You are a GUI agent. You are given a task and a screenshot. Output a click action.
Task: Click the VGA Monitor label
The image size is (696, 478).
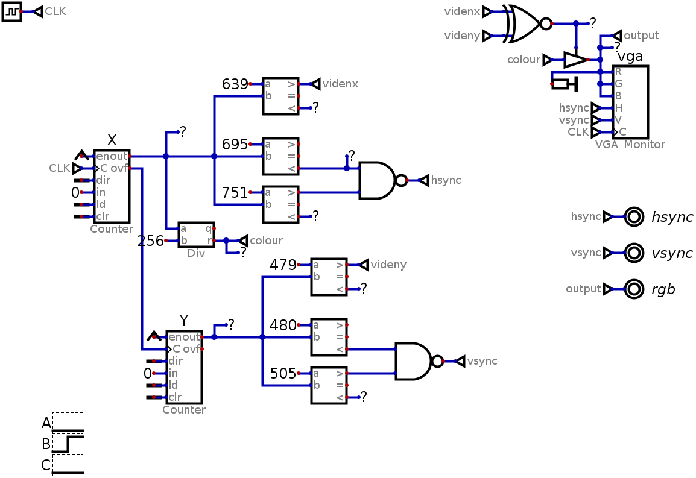630,145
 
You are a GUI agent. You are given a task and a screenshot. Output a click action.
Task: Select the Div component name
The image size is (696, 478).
196,253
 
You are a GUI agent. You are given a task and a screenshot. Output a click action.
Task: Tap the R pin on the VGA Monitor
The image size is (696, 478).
618,72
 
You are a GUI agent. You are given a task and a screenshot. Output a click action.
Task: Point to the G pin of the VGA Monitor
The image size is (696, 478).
618,84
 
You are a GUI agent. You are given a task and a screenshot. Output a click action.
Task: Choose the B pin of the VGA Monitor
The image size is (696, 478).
618,96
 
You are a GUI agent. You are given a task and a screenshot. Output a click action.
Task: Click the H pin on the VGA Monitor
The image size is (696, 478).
618,108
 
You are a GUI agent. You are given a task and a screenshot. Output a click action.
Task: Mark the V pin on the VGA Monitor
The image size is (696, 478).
618,120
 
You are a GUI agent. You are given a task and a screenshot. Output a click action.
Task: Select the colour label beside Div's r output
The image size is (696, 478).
266,241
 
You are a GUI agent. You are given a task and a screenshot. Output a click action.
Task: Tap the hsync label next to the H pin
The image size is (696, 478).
574,108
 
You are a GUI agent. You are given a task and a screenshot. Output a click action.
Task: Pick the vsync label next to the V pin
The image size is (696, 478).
574,120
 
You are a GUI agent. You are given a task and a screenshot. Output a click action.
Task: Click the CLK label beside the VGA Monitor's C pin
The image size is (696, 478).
578,132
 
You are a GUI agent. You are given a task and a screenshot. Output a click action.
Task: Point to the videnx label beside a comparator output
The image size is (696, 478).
340,84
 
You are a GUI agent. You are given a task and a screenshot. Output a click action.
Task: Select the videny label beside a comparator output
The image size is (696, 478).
388,265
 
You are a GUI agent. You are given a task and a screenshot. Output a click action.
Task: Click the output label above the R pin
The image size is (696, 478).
641,36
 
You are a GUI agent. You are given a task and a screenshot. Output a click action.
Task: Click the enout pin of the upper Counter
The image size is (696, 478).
112,156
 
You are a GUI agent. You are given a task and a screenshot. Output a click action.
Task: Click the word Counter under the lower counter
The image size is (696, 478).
184,410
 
